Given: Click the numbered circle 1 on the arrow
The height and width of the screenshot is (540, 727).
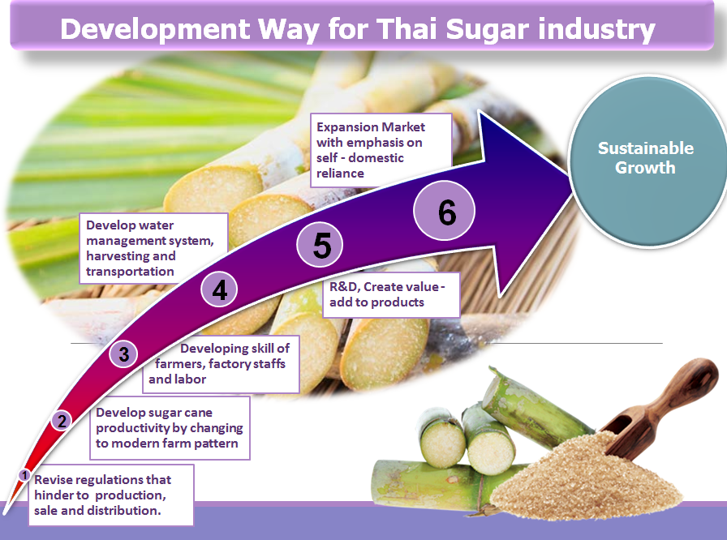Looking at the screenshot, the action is [x=24, y=475].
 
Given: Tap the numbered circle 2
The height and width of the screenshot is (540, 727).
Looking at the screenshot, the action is [x=62, y=421].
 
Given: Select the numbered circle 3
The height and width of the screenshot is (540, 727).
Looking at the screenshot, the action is [x=123, y=354].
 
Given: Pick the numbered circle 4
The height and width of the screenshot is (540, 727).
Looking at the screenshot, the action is [x=219, y=290].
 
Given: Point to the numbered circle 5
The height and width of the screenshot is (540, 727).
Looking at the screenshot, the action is [x=320, y=245].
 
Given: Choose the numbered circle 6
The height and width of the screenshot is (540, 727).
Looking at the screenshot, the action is [x=445, y=211].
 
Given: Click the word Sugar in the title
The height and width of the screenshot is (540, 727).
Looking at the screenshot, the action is [x=488, y=30].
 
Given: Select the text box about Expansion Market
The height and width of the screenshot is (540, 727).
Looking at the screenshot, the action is [x=381, y=150].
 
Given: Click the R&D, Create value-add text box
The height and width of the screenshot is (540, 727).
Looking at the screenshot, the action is [x=391, y=294].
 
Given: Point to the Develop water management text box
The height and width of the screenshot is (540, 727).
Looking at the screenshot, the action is [x=153, y=248].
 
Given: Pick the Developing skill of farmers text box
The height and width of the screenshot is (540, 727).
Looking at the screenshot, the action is [x=221, y=365].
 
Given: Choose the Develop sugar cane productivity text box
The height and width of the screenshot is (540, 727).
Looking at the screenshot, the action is [x=170, y=428].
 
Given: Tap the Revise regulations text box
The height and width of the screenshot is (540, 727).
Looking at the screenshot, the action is [x=111, y=495].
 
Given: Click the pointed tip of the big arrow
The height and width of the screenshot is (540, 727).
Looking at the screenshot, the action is [x=572, y=177].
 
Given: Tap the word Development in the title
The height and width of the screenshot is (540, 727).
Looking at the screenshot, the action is [x=155, y=30].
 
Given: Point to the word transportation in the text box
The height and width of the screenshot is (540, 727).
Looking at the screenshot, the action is [x=130, y=272].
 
